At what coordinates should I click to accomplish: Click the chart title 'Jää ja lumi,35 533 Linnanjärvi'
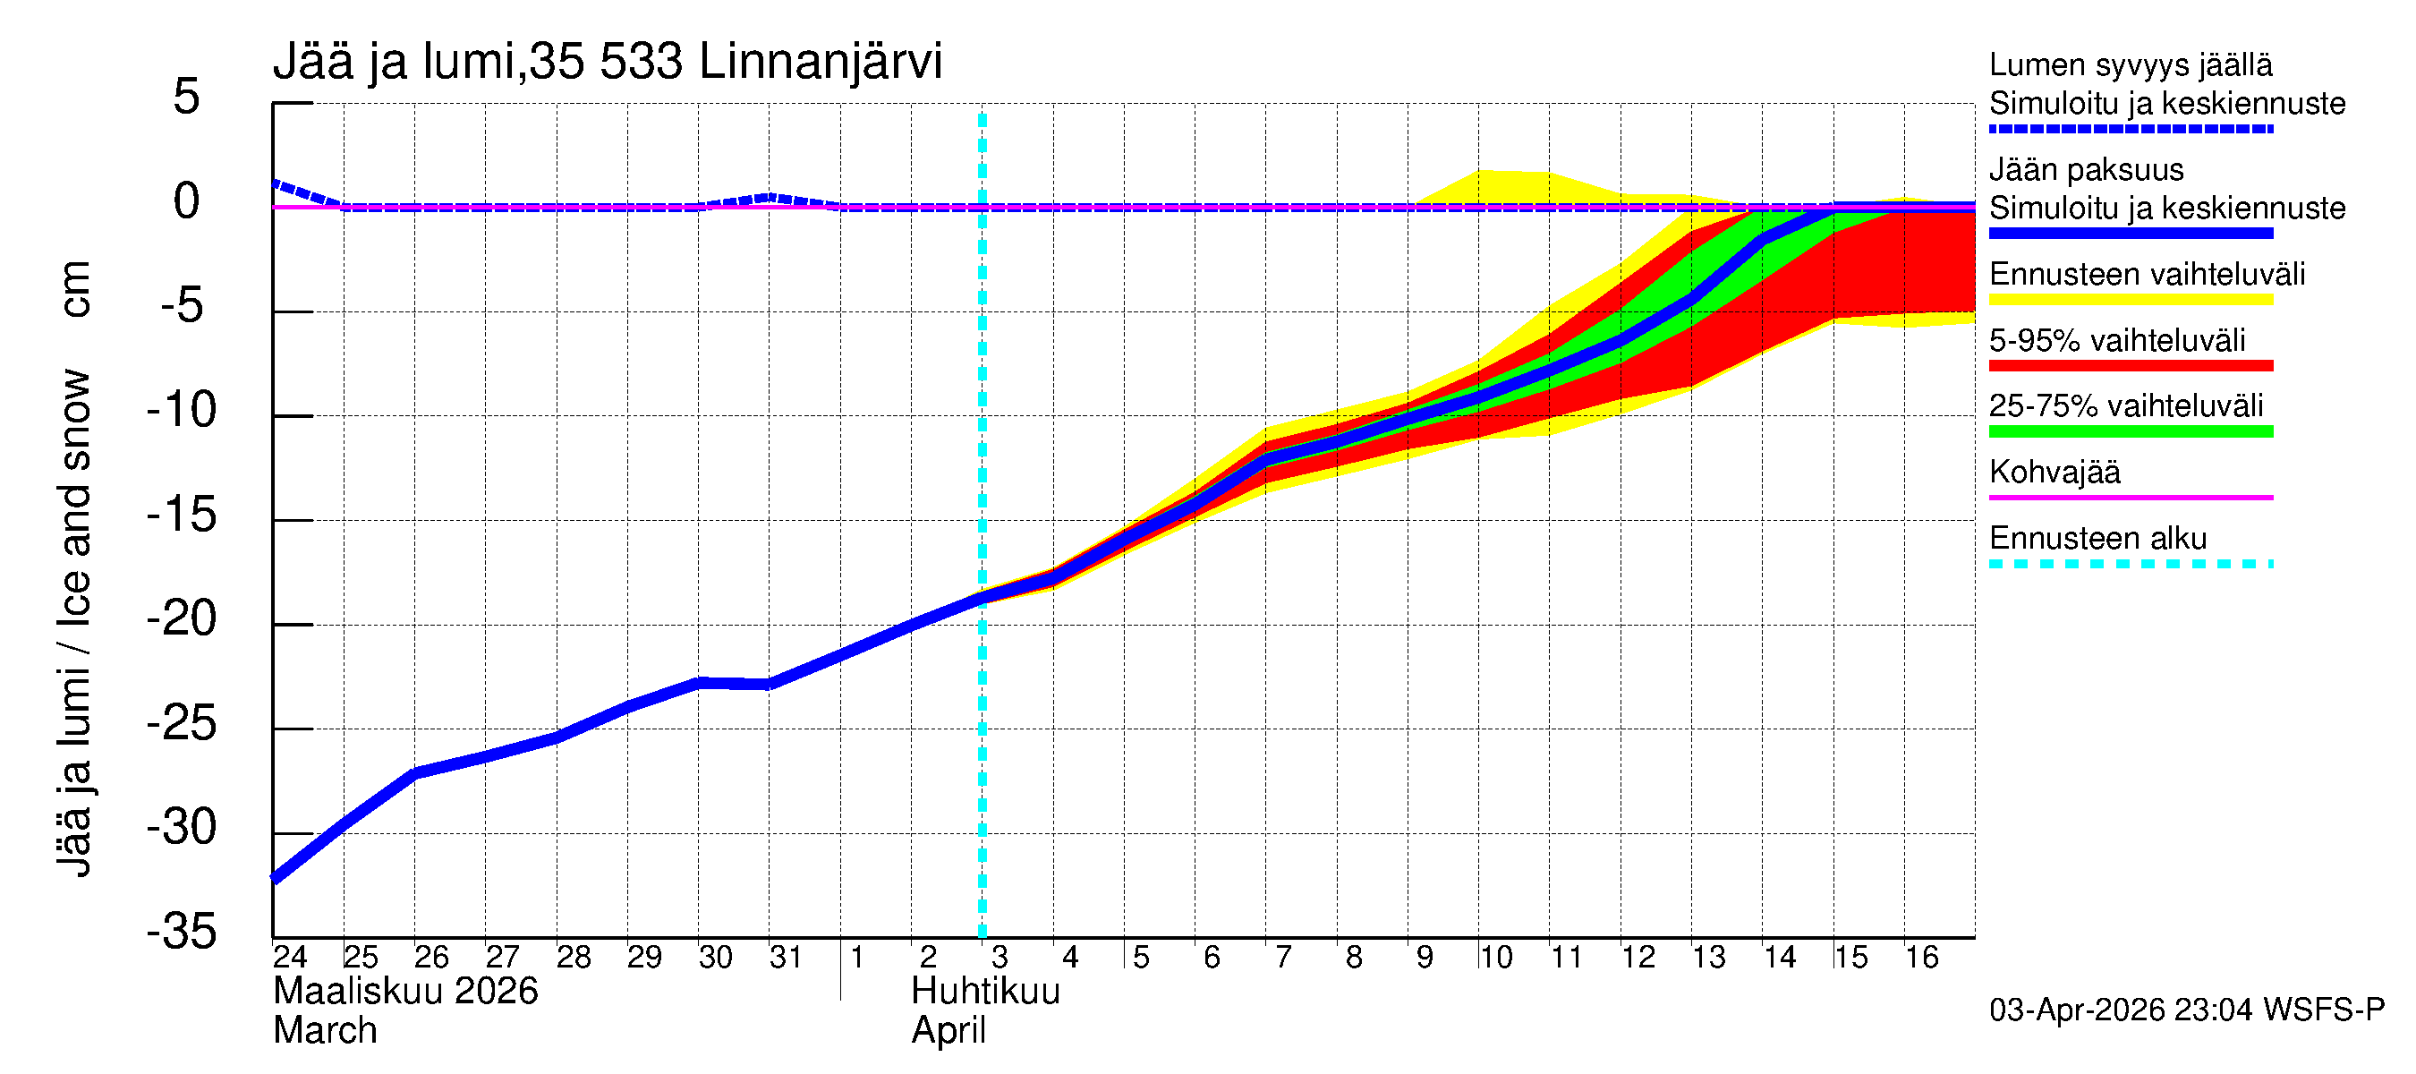point(607,62)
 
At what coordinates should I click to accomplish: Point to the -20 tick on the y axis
point(182,619)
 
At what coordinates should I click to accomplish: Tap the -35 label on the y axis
point(182,932)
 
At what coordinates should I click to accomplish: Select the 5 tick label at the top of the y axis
point(187,97)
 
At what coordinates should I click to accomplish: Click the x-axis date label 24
point(290,957)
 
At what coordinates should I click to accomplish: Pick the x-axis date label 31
point(786,957)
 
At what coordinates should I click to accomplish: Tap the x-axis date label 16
point(1922,957)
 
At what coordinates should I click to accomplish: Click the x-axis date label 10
point(1495,957)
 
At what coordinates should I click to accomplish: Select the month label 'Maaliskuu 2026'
point(405,992)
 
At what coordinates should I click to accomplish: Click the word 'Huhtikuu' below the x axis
point(985,992)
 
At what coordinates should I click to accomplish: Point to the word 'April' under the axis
point(949,1031)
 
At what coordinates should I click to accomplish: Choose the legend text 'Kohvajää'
point(2054,472)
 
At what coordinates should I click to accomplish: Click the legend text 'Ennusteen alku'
point(2098,539)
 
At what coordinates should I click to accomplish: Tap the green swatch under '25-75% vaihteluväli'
point(2130,431)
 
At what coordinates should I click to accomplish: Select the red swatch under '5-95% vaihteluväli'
point(2130,366)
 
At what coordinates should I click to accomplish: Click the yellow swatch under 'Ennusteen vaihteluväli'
point(2130,300)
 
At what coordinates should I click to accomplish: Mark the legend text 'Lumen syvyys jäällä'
point(2131,64)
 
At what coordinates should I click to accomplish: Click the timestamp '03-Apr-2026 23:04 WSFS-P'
point(2186,1010)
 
